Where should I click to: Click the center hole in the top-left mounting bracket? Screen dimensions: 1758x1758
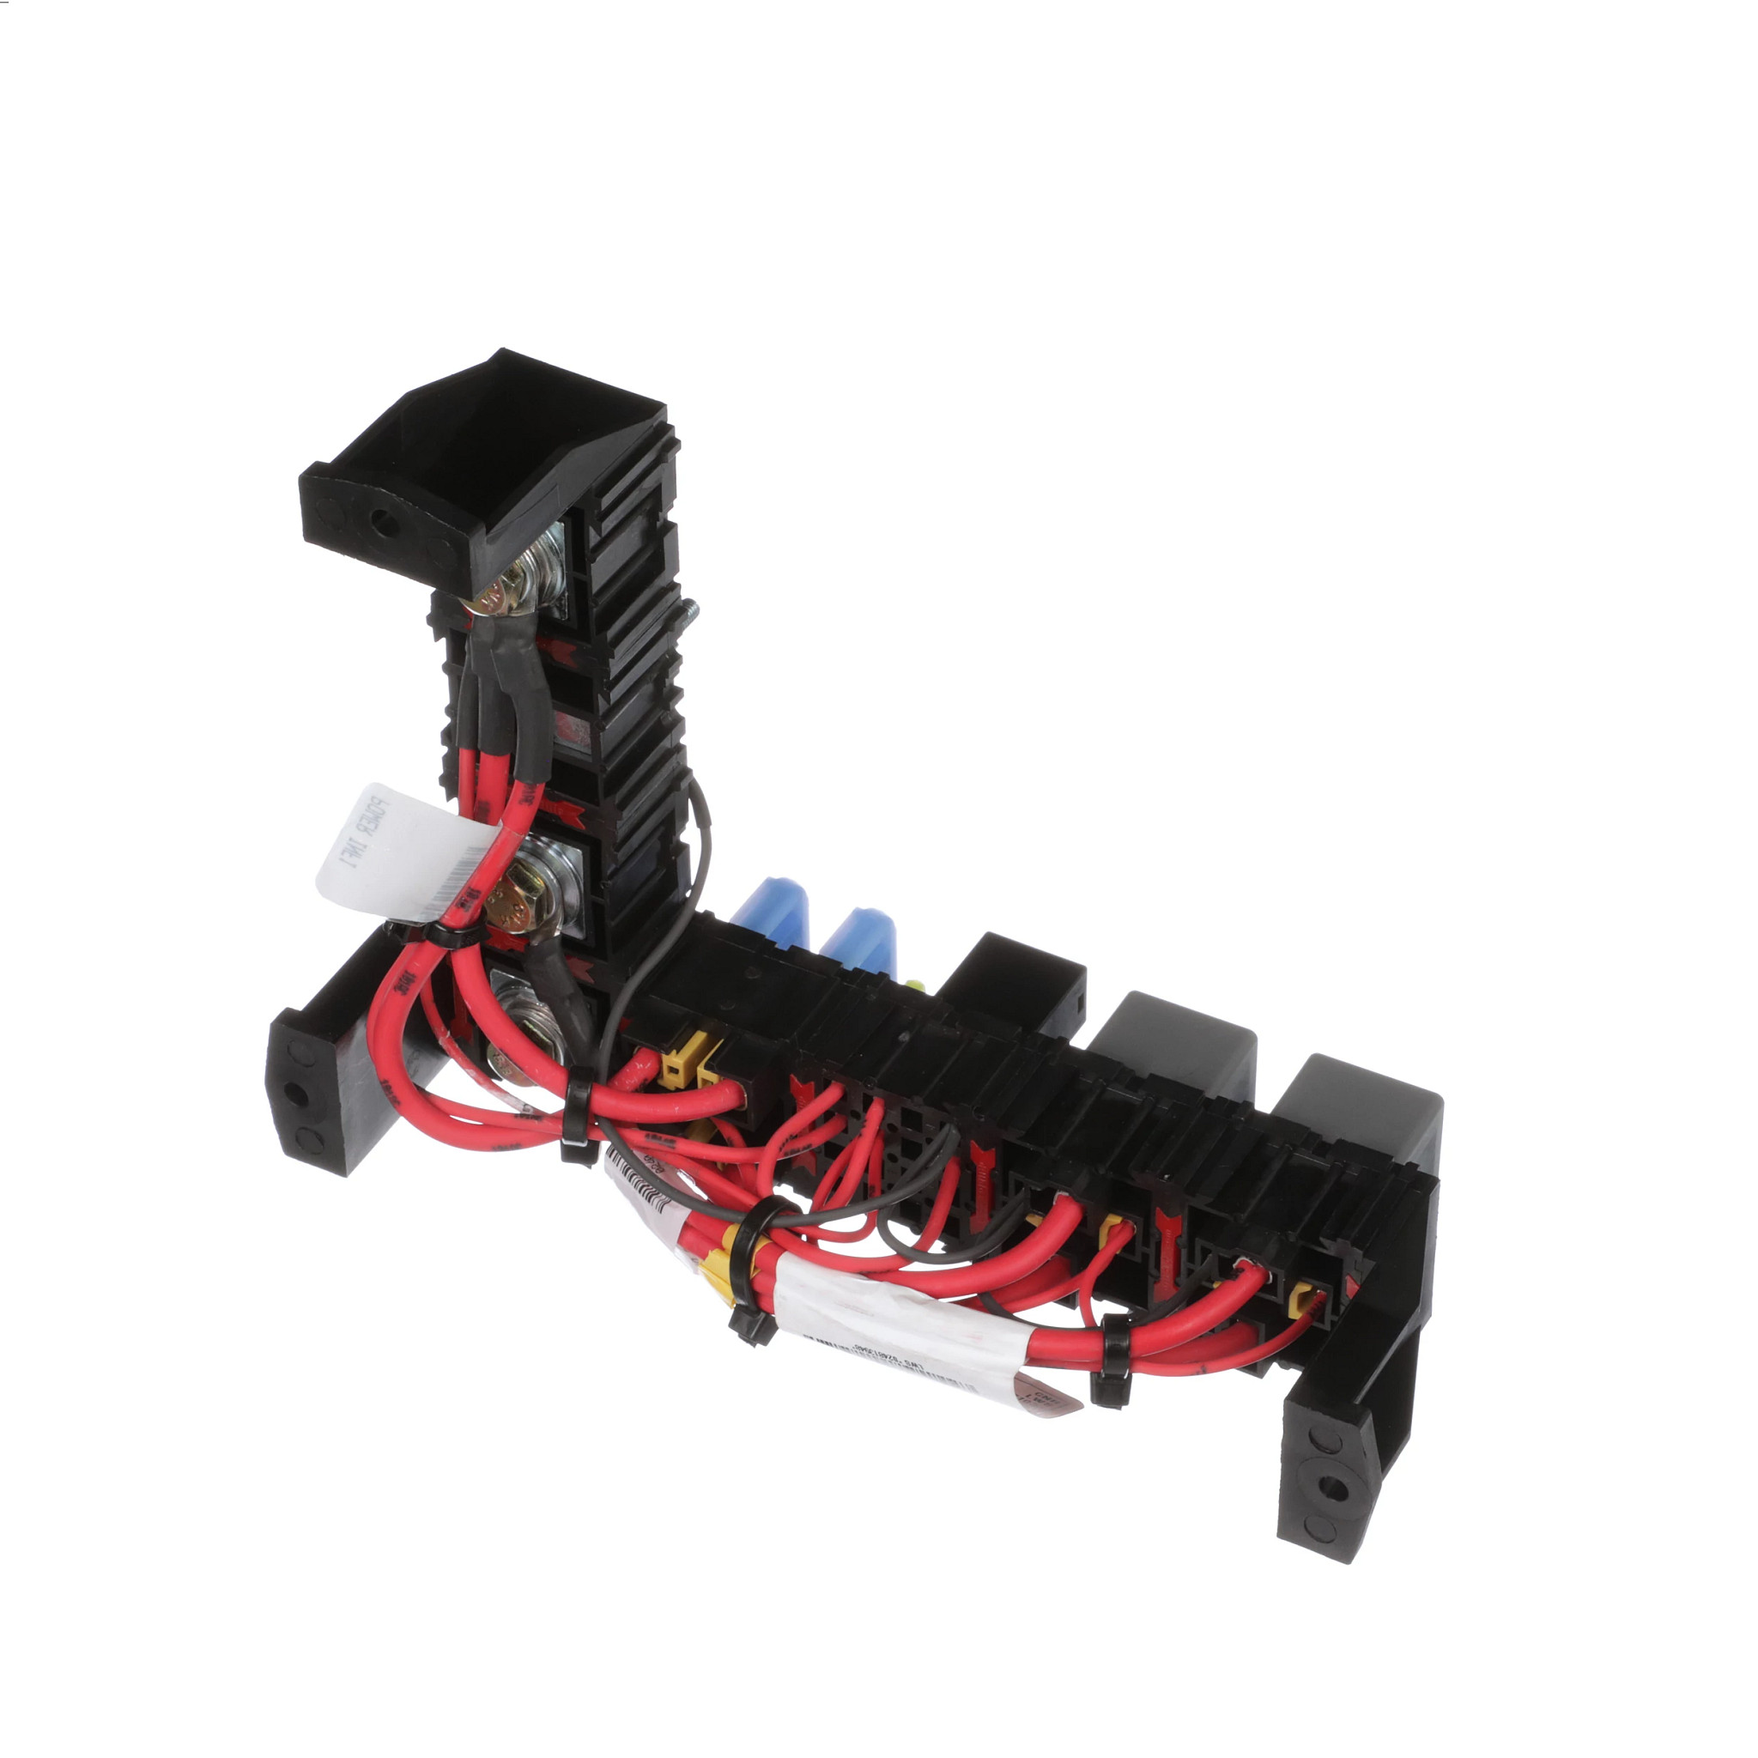pos(385,522)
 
